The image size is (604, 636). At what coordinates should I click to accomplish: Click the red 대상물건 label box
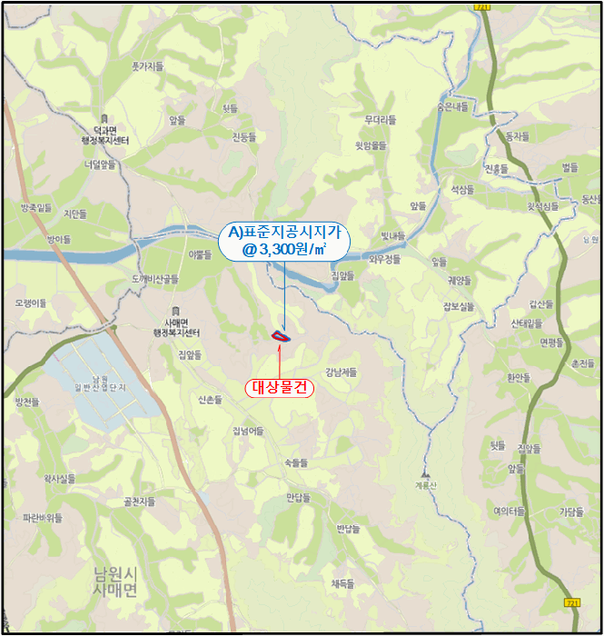click(280, 387)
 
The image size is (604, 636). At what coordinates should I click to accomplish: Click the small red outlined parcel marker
click(281, 336)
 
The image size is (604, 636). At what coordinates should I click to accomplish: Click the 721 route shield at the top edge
click(480, 6)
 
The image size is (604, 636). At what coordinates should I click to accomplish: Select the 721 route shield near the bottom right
click(571, 601)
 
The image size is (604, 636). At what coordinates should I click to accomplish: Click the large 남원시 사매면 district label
click(115, 581)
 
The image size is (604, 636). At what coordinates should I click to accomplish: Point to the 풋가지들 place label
click(147, 66)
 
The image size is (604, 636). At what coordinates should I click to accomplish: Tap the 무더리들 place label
click(381, 119)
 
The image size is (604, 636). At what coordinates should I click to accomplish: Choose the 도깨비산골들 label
click(155, 278)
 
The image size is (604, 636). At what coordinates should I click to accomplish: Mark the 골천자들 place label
click(139, 501)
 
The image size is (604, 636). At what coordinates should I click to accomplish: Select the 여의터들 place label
click(510, 511)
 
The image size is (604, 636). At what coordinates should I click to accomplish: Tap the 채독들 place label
click(342, 583)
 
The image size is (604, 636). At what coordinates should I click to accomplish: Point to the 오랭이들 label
click(31, 302)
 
